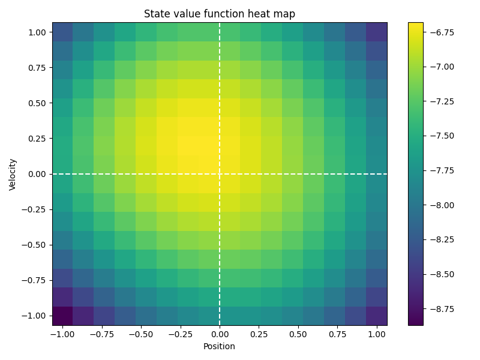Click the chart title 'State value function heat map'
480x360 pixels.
(x=220, y=14)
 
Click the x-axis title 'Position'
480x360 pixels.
(x=220, y=346)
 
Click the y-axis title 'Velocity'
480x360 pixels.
(x=13, y=174)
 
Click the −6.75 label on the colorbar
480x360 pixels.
(x=441, y=32)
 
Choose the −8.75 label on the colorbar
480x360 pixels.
(x=441, y=309)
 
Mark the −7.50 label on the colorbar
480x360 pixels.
(x=441, y=136)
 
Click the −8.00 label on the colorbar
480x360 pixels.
(x=441, y=205)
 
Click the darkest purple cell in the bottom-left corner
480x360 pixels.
(x=62, y=316)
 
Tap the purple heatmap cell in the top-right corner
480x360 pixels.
(x=376, y=32)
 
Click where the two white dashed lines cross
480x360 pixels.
(x=220, y=174)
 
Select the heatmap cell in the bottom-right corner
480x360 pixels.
(x=376, y=316)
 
